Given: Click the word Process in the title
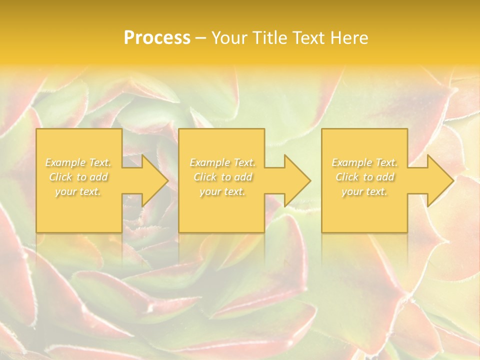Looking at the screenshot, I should pyautogui.click(x=157, y=38).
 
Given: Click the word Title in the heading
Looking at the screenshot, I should pyautogui.click(x=270, y=38).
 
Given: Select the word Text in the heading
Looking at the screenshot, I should pyautogui.click(x=309, y=38).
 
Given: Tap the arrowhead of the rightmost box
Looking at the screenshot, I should pyautogui.click(x=447, y=180).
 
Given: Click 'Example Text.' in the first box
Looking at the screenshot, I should pyautogui.click(x=78, y=162).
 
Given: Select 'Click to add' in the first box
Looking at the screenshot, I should pyautogui.click(x=78, y=177).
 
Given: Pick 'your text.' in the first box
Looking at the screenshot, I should pyautogui.click(x=78, y=191).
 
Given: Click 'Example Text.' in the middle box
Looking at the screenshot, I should pyautogui.click(x=222, y=162).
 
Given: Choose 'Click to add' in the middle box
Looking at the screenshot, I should pyautogui.click(x=222, y=177).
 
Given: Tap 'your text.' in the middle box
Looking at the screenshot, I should pyautogui.click(x=222, y=191).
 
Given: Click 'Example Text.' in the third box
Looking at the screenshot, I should pyautogui.click(x=364, y=162).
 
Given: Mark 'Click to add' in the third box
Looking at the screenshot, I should pyautogui.click(x=364, y=177).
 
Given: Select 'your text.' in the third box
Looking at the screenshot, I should pyautogui.click(x=364, y=191).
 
